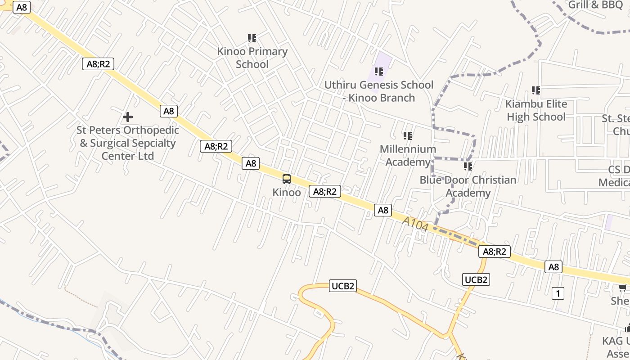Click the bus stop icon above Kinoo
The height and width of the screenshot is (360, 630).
pos(287,179)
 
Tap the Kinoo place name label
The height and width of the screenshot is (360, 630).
pos(287,193)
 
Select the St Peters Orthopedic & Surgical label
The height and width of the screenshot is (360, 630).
pos(128,143)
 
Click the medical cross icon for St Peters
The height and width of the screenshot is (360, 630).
pos(128,117)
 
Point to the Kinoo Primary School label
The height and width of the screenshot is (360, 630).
pos(252,58)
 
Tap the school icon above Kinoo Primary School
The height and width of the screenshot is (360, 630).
pos(252,38)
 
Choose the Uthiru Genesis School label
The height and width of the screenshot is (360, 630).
pos(379,91)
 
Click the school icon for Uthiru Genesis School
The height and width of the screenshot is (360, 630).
pos(379,71)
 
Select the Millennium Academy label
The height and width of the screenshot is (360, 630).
pos(408,155)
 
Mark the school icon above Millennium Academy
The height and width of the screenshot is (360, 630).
pos(408,135)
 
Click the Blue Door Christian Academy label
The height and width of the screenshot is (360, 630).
pos(468,186)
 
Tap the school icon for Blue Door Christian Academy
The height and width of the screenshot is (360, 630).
pos(468,166)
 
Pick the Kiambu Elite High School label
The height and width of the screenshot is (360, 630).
pos(536,110)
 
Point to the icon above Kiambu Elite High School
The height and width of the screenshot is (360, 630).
pos(536,90)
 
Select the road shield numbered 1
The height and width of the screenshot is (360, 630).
pos(558,294)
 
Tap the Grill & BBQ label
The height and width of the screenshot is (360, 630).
pos(595,5)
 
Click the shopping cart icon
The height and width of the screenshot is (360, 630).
pos(623,288)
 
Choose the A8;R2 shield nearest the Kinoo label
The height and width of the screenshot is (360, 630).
pos(325,192)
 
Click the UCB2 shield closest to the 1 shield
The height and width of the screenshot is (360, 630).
pos(476,279)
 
